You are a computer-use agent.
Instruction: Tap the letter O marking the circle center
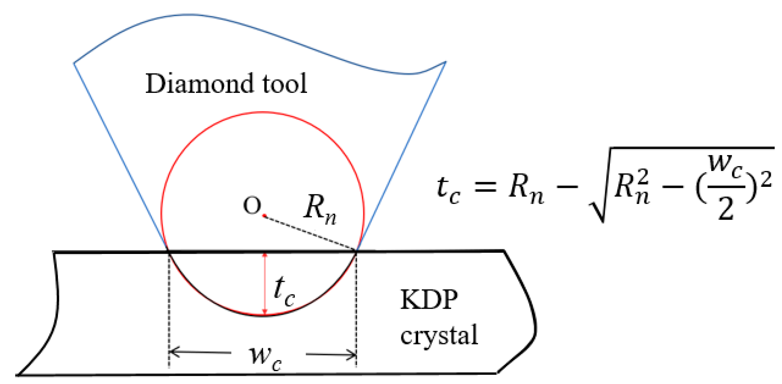coord(252,206)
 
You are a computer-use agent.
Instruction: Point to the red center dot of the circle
coord(264,215)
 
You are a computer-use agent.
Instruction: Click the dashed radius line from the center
coord(310,233)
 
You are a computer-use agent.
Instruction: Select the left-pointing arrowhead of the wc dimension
coord(174,352)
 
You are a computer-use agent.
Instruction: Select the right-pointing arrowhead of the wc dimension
coord(352,355)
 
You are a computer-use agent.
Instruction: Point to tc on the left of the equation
coord(448,190)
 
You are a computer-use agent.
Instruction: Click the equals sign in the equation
coord(485,186)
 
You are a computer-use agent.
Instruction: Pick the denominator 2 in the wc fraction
coord(726,209)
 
